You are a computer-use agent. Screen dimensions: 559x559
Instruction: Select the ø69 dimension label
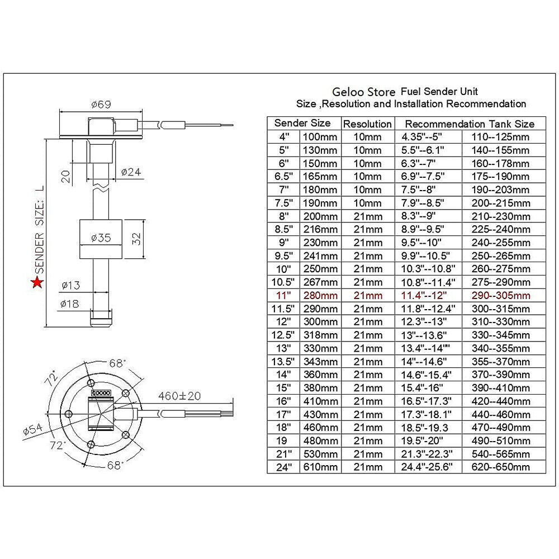pyautogui.click(x=100, y=105)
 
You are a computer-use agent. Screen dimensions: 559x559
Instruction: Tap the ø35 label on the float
pyautogui.click(x=101, y=238)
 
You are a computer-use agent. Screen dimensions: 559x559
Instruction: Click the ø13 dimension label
pyautogui.click(x=70, y=285)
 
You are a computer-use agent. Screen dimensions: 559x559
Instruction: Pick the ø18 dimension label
pyautogui.click(x=70, y=304)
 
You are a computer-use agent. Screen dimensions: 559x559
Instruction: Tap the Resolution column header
pyautogui.click(x=367, y=124)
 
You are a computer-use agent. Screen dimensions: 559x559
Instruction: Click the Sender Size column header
pyautogui.click(x=302, y=124)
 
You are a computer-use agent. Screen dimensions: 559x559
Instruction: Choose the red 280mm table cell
pyautogui.click(x=320, y=295)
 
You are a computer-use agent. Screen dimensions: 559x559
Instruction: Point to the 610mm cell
pyautogui.click(x=320, y=467)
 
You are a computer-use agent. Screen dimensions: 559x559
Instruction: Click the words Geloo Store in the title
pyautogui.click(x=363, y=91)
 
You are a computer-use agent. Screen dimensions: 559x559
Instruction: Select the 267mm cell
pyautogui.click(x=320, y=281)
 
